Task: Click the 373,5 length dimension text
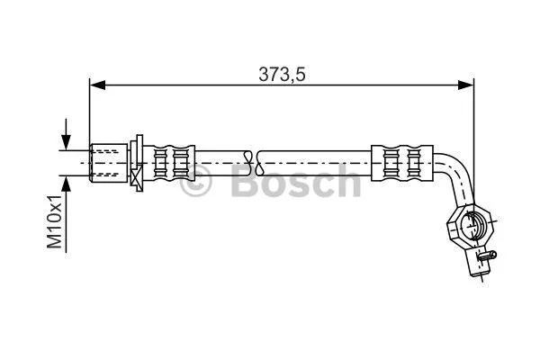coord(283,76)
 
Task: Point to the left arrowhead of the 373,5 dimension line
coord(96,85)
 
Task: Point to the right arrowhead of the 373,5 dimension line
coord(466,85)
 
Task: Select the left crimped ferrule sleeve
coord(173,163)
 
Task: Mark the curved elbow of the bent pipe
coord(454,174)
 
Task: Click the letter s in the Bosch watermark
coord(299,186)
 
